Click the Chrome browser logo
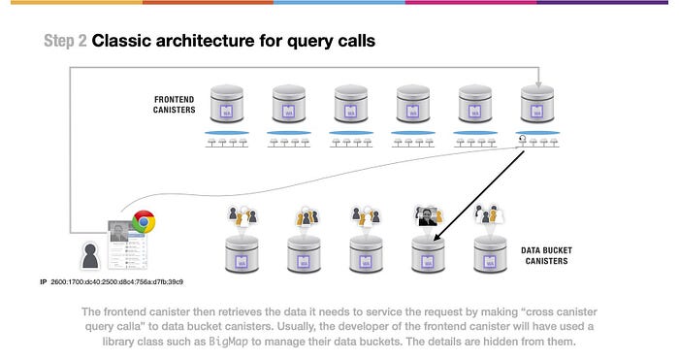pyautogui.click(x=144, y=222)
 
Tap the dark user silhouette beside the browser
pyautogui.click(x=90, y=255)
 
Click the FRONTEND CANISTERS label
pyautogui.click(x=174, y=105)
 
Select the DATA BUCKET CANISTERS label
pyautogui.click(x=546, y=255)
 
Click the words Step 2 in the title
pyautogui.click(x=65, y=41)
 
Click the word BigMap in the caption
pyautogui.click(x=229, y=342)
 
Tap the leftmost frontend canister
pyautogui.click(x=226, y=104)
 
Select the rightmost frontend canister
pyautogui.click(x=537, y=104)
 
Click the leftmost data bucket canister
pyautogui.click(x=242, y=254)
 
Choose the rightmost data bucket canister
pyautogui.click(x=490, y=254)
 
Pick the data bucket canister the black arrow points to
pyautogui.click(x=428, y=254)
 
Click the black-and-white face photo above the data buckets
pyautogui.click(x=428, y=216)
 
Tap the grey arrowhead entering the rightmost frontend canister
pyautogui.click(x=538, y=84)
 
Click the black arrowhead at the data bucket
pyautogui.click(x=436, y=237)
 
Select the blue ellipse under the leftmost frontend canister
pyautogui.click(x=226, y=133)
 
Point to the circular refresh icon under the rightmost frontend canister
pyautogui.click(x=522, y=139)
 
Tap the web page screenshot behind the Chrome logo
pyautogui.click(x=128, y=245)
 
